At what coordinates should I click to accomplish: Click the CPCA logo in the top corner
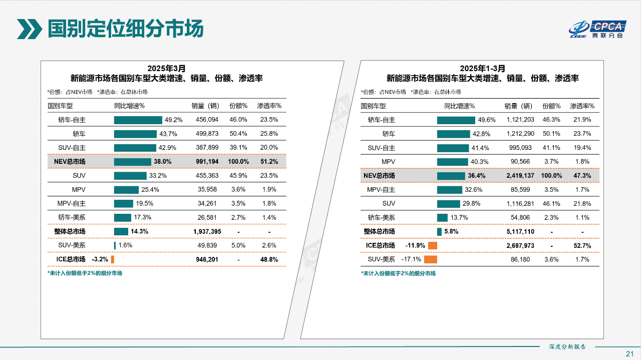596,30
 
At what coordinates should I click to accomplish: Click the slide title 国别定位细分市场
125,29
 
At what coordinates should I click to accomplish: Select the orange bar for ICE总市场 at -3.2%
113,259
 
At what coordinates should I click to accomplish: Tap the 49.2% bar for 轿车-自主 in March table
138,120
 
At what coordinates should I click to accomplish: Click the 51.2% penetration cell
269,162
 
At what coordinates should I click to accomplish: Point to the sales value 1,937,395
207,232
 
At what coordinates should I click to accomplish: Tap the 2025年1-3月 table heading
482,68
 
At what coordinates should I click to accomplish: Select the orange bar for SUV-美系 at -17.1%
431,259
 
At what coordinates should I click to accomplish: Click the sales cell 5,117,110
520,232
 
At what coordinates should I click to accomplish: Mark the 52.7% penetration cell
582,246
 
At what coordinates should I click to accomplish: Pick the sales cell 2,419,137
520,176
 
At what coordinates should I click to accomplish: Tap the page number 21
630,353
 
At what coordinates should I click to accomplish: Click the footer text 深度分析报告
567,346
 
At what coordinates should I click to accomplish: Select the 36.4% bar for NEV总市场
451,176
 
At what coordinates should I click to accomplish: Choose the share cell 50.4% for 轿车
238,134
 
